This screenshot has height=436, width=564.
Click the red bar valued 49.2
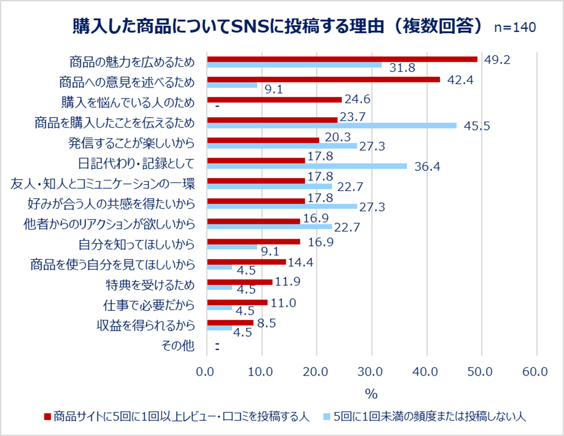pyautogui.click(x=342, y=59)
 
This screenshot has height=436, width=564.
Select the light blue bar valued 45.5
pyautogui.click(x=332, y=126)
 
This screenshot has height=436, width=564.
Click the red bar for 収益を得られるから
pyautogui.click(x=230, y=323)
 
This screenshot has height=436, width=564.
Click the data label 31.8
pyautogui.click(x=402, y=69)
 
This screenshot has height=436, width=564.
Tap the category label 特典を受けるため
pyautogui.click(x=150, y=285)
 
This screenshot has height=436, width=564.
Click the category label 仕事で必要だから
pyautogui.click(x=149, y=305)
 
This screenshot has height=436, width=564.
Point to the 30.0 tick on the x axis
pyautogui.click(x=372, y=372)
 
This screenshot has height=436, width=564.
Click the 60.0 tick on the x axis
pyautogui.click(x=535, y=372)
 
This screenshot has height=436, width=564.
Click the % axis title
pyautogui.click(x=371, y=393)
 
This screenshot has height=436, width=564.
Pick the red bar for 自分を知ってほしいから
pyautogui.click(x=254, y=242)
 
